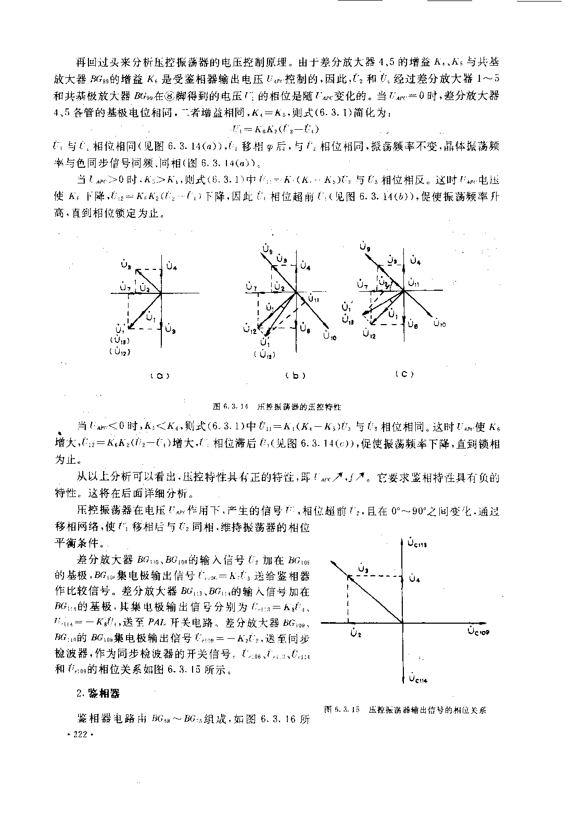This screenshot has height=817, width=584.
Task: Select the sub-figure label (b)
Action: coord(295,376)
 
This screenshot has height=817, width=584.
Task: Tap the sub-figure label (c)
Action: coord(404,374)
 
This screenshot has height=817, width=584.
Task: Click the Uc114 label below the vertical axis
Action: coord(418,678)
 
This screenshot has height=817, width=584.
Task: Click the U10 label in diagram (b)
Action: coord(330,338)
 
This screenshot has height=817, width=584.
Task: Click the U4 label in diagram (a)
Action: coord(172,267)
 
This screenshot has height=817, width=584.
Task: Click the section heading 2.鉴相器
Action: coord(98,693)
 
